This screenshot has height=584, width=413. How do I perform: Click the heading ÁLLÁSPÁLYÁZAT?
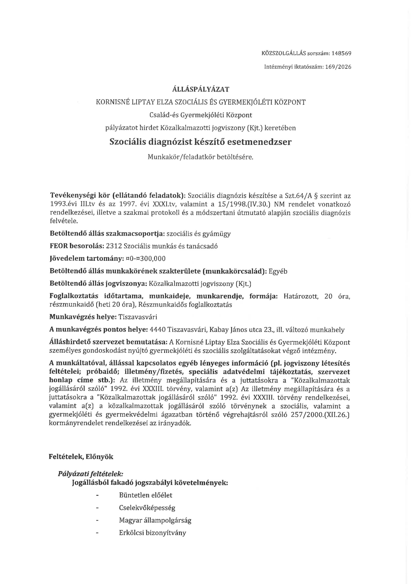click(201, 89)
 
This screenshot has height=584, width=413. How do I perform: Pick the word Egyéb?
click(278, 271)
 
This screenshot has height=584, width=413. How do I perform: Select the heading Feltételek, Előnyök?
click(81, 457)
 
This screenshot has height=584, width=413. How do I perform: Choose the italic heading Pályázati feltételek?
click(91, 474)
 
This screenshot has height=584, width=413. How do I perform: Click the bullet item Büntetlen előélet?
click(146, 495)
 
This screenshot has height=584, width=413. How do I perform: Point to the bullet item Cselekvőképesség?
click(147, 508)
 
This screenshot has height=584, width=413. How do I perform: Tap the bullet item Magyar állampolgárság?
click(155, 520)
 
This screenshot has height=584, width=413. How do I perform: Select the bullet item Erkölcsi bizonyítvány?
click(152, 533)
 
